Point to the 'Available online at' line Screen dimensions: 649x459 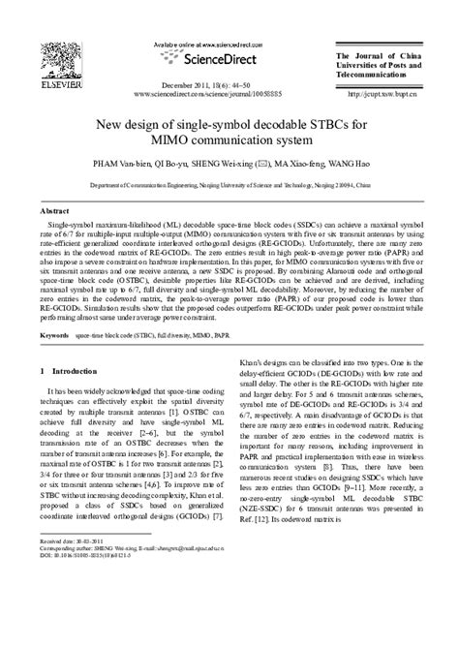click(195, 44)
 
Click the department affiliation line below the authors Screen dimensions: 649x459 click(229, 184)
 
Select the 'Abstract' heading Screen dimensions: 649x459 click(53, 210)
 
